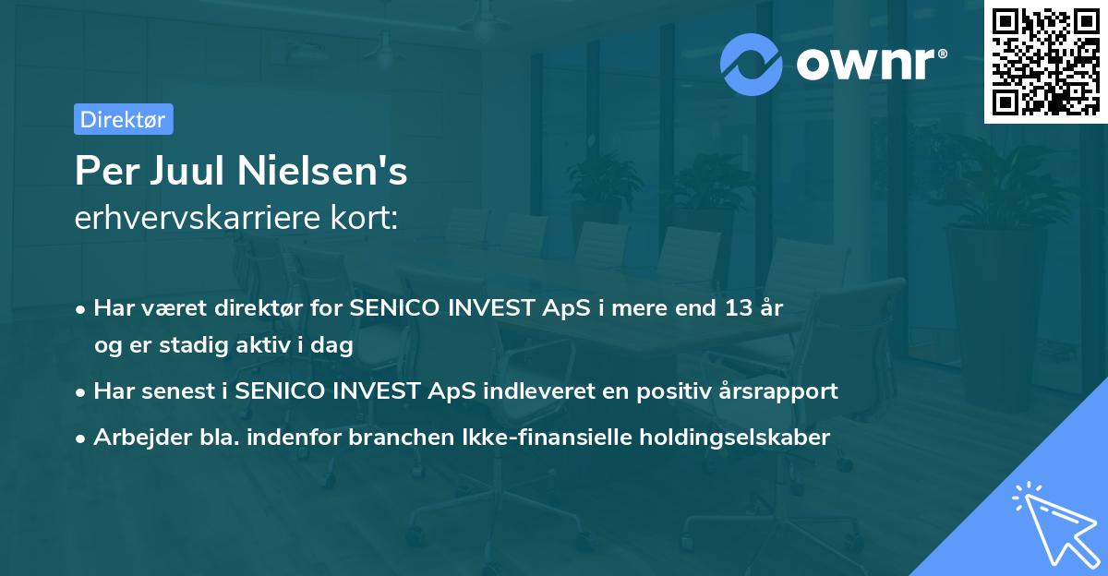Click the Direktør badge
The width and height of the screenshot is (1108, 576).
[x=123, y=119]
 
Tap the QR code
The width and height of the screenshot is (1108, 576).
[x=1046, y=61]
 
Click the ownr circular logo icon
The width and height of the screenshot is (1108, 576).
[x=752, y=64]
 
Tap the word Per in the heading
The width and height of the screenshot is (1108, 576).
[x=102, y=172]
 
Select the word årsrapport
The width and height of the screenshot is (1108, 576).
[x=781, y=390]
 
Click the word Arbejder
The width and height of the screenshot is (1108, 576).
[x=134, y=437]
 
